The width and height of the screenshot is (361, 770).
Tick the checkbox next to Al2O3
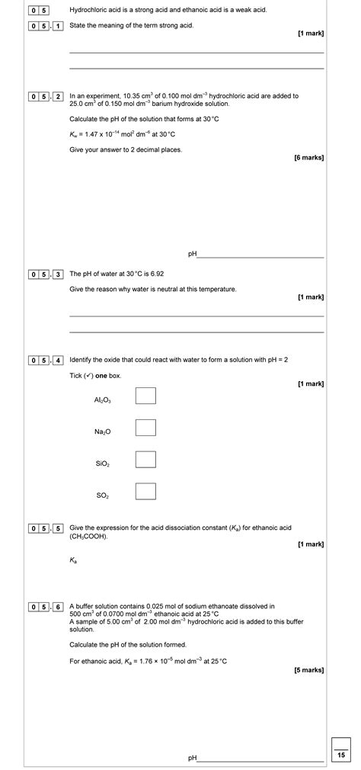pos(145,396)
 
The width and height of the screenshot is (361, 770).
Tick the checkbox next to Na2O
pos(145,428)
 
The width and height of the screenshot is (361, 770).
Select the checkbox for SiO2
pos(145,459)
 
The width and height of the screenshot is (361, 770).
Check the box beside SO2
pos(145,491)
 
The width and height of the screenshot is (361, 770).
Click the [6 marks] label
pos(308,158)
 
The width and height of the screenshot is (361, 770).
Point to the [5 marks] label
pos(308,670)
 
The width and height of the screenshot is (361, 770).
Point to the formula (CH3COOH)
pos(88,536)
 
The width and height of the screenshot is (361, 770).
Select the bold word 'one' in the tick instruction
pos(101,376)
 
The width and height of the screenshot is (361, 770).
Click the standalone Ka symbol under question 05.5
pos(73,560)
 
